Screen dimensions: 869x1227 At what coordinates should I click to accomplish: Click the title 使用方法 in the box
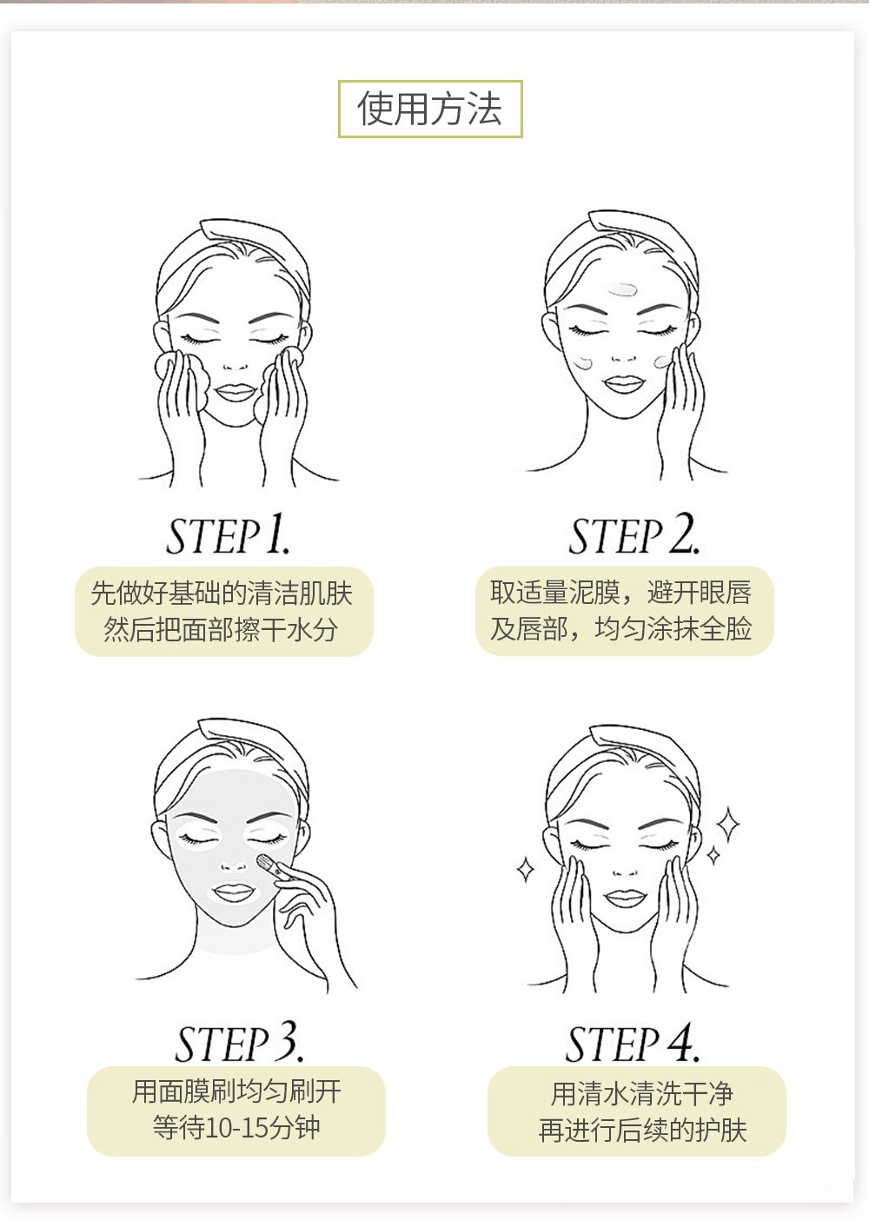coord(429,109)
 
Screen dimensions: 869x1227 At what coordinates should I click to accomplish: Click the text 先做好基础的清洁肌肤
coord(222,594)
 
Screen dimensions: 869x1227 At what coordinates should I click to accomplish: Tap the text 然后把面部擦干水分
coord(220,629)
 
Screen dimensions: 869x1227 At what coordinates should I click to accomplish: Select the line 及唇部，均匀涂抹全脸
coord(620,628)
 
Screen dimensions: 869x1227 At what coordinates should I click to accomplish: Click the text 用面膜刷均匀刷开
coord(236,1091)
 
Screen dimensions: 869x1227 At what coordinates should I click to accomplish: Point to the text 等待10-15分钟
coord(236,1127)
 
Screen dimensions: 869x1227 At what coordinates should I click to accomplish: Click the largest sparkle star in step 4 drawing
coord(728,824)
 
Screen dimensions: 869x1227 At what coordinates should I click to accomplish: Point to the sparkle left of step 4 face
coord(526,869)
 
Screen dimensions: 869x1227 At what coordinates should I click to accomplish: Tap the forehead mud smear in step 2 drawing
coord(622,289)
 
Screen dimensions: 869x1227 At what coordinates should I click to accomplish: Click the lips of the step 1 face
coord(235,392)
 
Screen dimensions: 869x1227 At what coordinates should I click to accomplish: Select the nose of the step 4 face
coord(624,871)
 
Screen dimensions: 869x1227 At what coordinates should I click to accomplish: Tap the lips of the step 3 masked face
coord(234,892)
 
